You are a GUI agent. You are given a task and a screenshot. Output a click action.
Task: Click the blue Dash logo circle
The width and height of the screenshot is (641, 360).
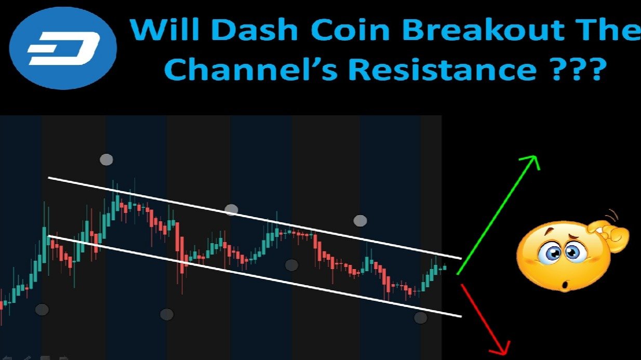click(63, 48)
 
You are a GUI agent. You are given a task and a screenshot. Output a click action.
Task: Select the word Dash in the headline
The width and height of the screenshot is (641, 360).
click(255, 29)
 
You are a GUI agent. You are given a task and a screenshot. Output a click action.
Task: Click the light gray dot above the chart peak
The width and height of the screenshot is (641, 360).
click(106, 159)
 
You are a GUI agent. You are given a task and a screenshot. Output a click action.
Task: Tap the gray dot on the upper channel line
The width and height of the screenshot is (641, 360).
click(231, 210)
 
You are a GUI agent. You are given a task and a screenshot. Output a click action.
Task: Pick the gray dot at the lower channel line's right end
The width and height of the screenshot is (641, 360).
click(421, 317)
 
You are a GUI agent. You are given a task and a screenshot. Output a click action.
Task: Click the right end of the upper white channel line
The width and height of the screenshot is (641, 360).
click(461, 258)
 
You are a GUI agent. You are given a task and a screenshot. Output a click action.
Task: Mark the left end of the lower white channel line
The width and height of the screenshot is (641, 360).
click(49, 236)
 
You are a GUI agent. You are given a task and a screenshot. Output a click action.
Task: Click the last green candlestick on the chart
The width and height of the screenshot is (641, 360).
click(445, 268)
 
